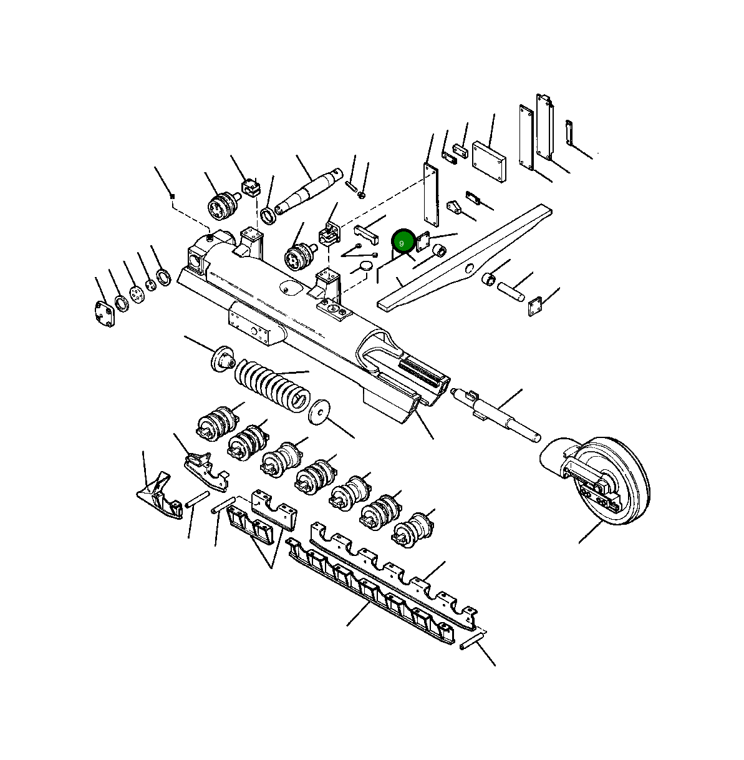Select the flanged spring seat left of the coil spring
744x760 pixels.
(x=222, y=359)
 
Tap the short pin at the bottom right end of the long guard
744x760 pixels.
(x=472, y=641)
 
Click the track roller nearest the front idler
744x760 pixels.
(x=413, y=530)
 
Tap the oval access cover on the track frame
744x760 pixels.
(x=291, y=288)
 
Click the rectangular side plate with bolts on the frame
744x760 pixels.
(x=253, y=323)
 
